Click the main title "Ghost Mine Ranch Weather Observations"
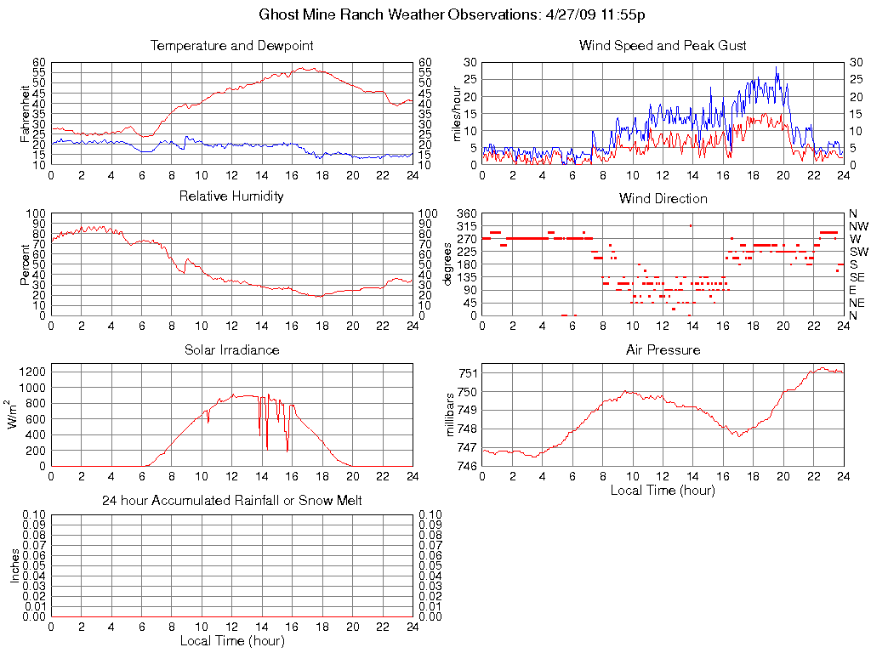(397, 15)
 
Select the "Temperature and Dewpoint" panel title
(231, 46)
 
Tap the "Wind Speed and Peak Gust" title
(663, 46)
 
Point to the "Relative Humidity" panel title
(231, 196)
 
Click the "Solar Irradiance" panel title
(231, 349)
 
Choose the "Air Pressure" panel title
(663, 349)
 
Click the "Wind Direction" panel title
(663, 198)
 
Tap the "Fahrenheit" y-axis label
(26, 113)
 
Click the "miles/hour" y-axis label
(457, 113)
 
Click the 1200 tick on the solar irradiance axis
(32, 372)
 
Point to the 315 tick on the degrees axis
(465, 226)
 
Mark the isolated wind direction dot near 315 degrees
(691, 225)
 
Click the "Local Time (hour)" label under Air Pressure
(663, 490)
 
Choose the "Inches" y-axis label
(14, 565)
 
